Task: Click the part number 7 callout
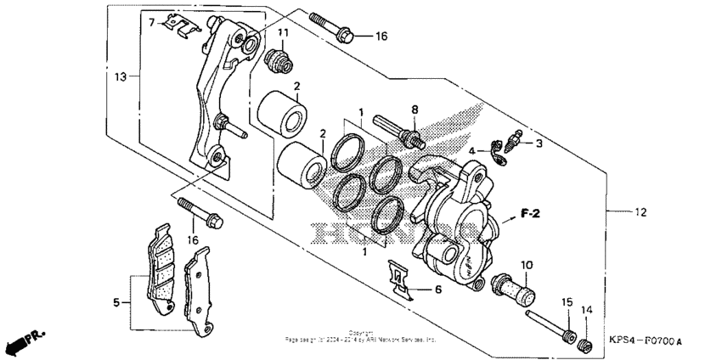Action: click(x=152, y=22)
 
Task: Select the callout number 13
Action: click(x=121, y=76)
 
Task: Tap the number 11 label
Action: click(x=283, y=33)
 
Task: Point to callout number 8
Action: click(x=415, y=110)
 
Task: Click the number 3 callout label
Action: click(x=538, y=144)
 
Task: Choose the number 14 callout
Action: click(x=585, y=311)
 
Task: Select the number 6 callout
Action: click(x=438, y=290)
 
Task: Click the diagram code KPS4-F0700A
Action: click(x=646, y=341)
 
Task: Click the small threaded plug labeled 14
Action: click(x=584, y=341)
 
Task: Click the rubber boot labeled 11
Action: click(x=276, y=60)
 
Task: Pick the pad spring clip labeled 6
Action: click(x=399, y=280)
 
